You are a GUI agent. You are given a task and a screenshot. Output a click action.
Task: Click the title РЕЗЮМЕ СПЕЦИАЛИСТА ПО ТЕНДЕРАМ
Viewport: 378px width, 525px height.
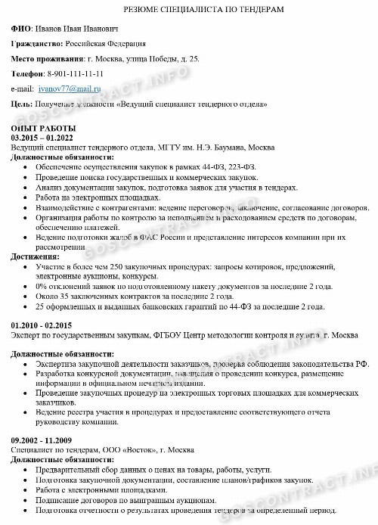point(189,8)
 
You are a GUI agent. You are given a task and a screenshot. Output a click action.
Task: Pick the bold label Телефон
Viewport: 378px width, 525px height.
point(29,73)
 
